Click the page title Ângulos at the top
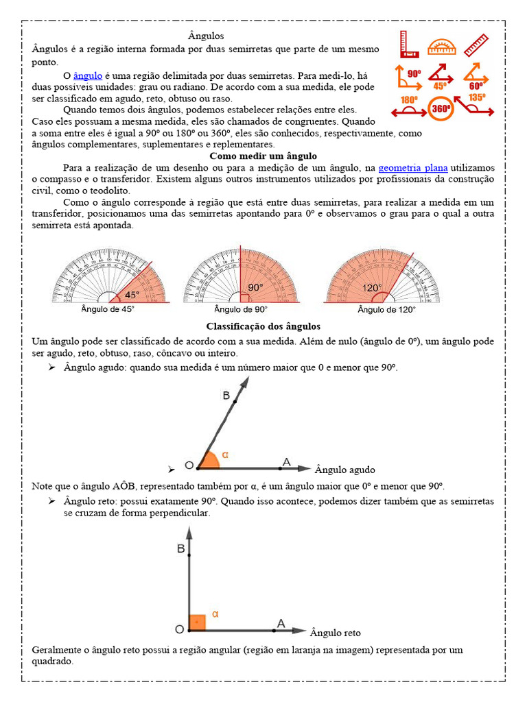(x=206, y=35)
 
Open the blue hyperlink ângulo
(x=87, y=75)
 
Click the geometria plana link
(x=413, y=167)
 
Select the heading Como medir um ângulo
(x=263, y=156)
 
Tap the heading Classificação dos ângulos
(x=263, y=326)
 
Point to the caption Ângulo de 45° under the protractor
(x=108, y=310)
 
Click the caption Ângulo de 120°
(x=386, y=310)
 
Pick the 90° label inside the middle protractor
(x=255, y=288)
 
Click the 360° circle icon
(x=441, y=109)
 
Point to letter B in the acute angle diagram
(x=226, y=396)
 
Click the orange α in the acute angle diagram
(x=225, y=455)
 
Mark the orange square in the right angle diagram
(x=197, y=623)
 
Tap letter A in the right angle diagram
(x=281, y=624)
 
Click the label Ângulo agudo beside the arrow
(x=344, y=470)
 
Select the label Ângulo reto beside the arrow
(x=335, y=633)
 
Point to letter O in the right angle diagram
(x=179, y=629)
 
